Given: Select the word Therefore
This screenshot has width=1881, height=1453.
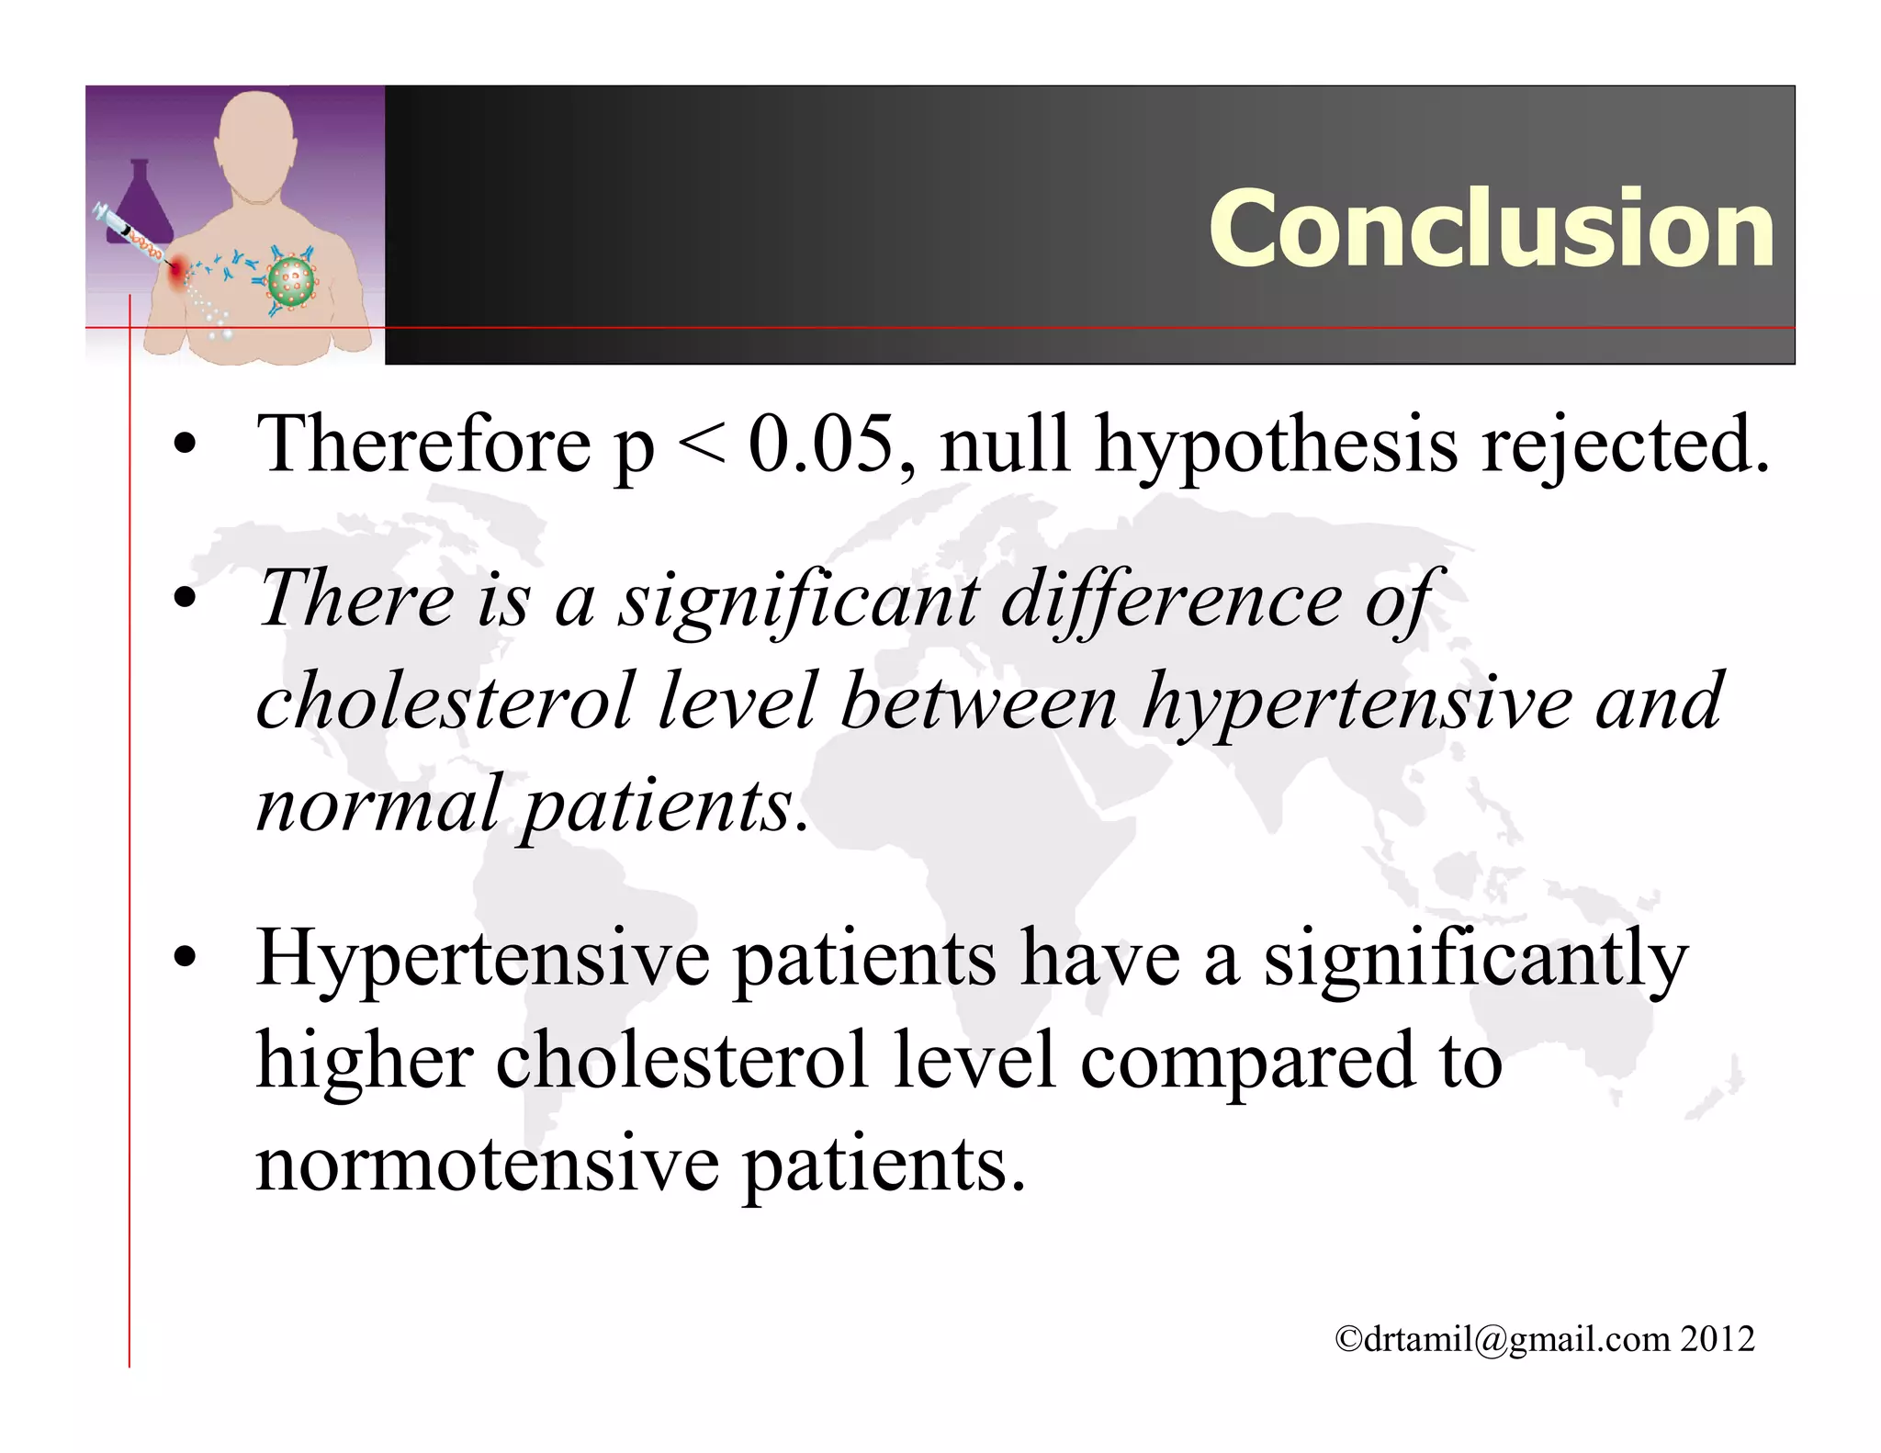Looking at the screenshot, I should click(423, 445).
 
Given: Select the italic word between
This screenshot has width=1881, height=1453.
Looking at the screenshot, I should click(978, 703).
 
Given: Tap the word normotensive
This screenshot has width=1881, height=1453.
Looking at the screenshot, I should click(487, 1165).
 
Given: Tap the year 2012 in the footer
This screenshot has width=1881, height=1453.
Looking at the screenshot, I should click(1718, 1339).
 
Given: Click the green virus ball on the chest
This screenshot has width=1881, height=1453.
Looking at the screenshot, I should click(291, 280).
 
